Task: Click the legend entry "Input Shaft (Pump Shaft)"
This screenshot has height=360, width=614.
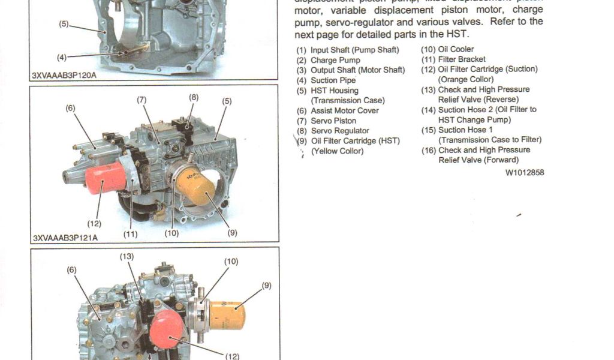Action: [x=354, y=50]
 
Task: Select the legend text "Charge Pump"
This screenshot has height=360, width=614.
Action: [x=335, y=60]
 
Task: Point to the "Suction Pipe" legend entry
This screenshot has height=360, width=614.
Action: [x=333, y=80]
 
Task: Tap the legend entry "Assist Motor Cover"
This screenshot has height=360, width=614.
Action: [x=344, y=110]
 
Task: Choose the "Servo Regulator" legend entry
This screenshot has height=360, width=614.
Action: [x=339, y=131]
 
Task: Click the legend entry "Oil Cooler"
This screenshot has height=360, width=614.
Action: [x=456, y=49]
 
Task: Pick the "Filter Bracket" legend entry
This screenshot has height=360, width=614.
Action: [x=462, y=59]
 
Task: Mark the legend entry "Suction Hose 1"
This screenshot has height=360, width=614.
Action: [x=465, y=130]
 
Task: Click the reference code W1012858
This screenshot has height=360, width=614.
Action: [x=525, y=173]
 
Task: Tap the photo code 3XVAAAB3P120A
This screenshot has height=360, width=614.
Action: [x=64, y=76]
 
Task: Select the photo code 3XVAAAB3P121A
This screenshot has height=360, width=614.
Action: [x=65, y=238]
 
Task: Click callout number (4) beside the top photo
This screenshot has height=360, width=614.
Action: [x=62, y=58]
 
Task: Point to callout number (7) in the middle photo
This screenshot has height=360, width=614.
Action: [x=142, y=100]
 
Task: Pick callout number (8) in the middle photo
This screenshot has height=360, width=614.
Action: [x=194, y=97]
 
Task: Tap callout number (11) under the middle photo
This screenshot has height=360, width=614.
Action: [x=130, y=234]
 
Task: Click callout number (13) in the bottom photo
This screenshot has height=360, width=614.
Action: [x=127, y=257]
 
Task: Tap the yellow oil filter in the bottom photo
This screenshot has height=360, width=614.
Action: [x=227, y=315]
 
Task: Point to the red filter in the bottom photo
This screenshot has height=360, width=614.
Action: [x=167, y=329]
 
